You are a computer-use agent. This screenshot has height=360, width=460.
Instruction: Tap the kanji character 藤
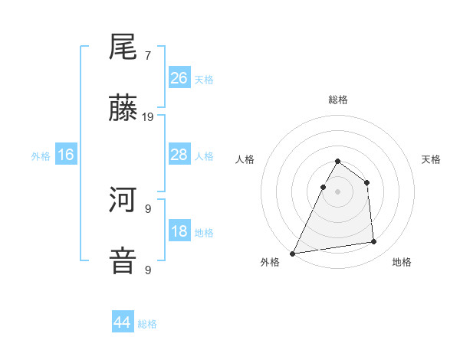coord(123,110)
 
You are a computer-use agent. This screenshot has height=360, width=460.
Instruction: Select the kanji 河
coord(123,201)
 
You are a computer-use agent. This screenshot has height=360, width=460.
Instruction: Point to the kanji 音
coord(123,260)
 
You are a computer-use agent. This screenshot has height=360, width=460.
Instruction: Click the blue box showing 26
coord(179,77)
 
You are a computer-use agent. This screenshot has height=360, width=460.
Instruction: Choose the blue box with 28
coord(179,155)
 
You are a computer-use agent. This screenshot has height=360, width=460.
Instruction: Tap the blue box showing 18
coord(179,231)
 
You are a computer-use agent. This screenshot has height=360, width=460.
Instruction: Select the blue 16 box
coord(66,155)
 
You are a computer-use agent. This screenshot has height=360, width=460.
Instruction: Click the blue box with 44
coord(123,322)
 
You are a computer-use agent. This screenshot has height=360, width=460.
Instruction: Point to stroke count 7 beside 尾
coord(148,56)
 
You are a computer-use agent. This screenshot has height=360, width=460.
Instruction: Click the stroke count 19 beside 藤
coord(148,117)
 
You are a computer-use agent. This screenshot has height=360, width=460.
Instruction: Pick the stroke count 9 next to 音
coord(148,270)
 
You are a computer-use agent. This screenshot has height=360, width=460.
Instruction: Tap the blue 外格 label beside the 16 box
coord(41,155)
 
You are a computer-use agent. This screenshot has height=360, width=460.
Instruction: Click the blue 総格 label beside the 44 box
coord(147,323)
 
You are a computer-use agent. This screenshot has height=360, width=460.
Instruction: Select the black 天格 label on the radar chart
coord(431,159)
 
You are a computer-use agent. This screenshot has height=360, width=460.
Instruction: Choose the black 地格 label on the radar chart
coord(402,262)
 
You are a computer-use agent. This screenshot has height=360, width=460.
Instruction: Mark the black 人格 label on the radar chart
coord(245,159)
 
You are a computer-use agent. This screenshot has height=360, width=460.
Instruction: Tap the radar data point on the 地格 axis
coord(374,242)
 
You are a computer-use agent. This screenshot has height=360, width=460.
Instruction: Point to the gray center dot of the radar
coord(337,191)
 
